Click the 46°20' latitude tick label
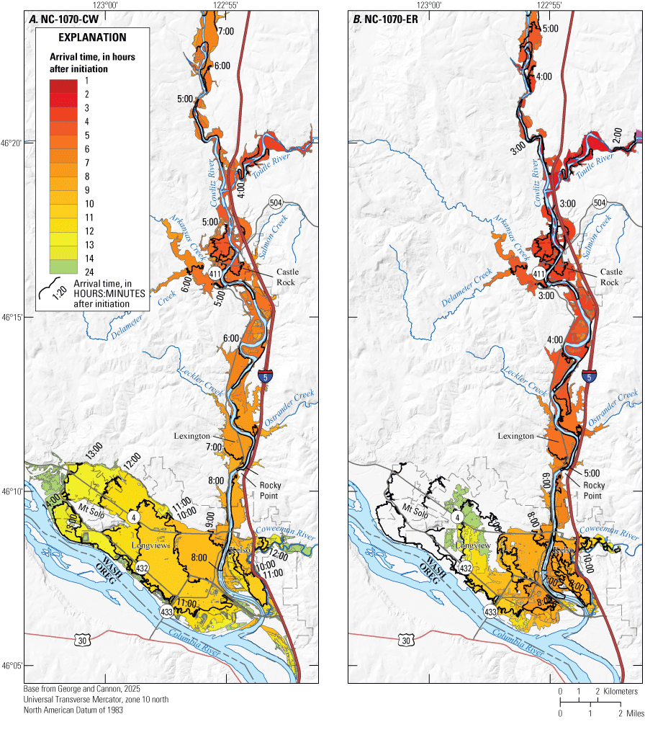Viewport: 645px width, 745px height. pos(12,143)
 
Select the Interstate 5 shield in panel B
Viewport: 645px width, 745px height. pos(590,377)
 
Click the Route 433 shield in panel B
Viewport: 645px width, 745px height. pos(490,612)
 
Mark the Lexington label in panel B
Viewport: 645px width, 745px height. pos(515,436)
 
